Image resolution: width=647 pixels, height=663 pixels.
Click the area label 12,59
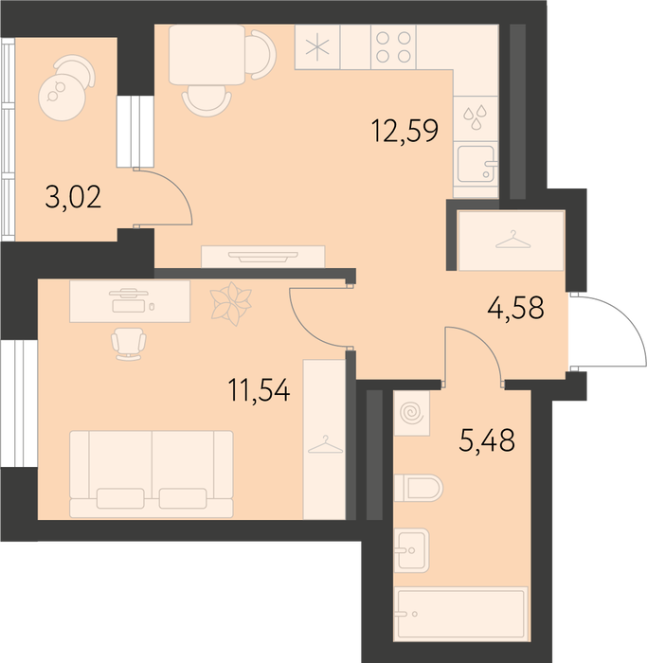tap(404, 131)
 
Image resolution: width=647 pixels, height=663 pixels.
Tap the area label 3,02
tap(73, 197)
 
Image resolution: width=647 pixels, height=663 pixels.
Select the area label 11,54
tap(259, 390)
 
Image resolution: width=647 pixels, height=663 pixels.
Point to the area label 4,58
tap(515, 308)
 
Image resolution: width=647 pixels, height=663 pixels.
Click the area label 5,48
tap(487, 440)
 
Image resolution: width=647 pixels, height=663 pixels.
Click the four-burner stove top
tap(393, 47)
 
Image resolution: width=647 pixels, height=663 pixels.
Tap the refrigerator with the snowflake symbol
tap(317, 47)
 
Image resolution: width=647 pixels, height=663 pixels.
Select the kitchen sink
tap(476, 164)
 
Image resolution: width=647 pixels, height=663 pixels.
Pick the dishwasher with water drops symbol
tap(476, 118)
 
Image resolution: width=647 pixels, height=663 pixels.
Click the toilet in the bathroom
tap(419, 488)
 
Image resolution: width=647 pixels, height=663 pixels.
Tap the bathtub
tap(461, 613)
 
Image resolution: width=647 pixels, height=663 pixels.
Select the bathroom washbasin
tap(411, 550)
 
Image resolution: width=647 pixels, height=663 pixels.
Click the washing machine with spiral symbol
tap(412, 413)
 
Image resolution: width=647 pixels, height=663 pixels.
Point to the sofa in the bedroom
tap(152, 474)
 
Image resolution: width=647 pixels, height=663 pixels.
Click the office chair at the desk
tap(129, 344)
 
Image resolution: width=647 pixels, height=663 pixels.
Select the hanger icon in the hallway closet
tap(512, 240)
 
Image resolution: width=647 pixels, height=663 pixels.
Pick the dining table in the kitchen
tap(207, 55)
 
